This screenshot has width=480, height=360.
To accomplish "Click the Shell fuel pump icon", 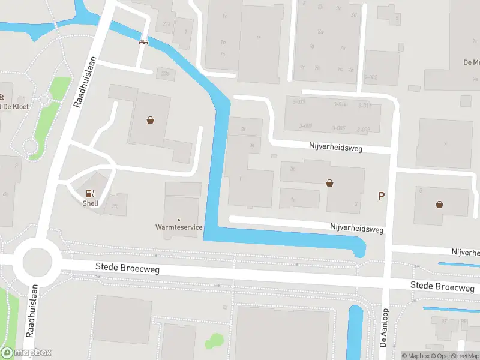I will point(91,193).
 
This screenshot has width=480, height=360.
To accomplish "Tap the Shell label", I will point(91,203).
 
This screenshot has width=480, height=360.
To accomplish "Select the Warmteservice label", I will point(178,227).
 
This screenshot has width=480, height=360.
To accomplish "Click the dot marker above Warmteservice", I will point(178,220).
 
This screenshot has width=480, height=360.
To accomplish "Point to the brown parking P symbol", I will point(380,196).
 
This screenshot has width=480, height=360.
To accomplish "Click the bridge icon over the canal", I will point(143,41).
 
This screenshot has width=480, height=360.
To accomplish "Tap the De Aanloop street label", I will point(385,328).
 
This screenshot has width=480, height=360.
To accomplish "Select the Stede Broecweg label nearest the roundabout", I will point(128,269).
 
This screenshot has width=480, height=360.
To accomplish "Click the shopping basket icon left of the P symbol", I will point(329,182).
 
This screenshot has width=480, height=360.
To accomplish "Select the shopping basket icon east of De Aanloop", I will point(440,204).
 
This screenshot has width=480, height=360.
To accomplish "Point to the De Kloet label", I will point(16,107).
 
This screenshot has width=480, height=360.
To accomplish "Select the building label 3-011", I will point(365,106).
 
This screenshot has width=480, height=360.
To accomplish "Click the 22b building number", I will point(165,73).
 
